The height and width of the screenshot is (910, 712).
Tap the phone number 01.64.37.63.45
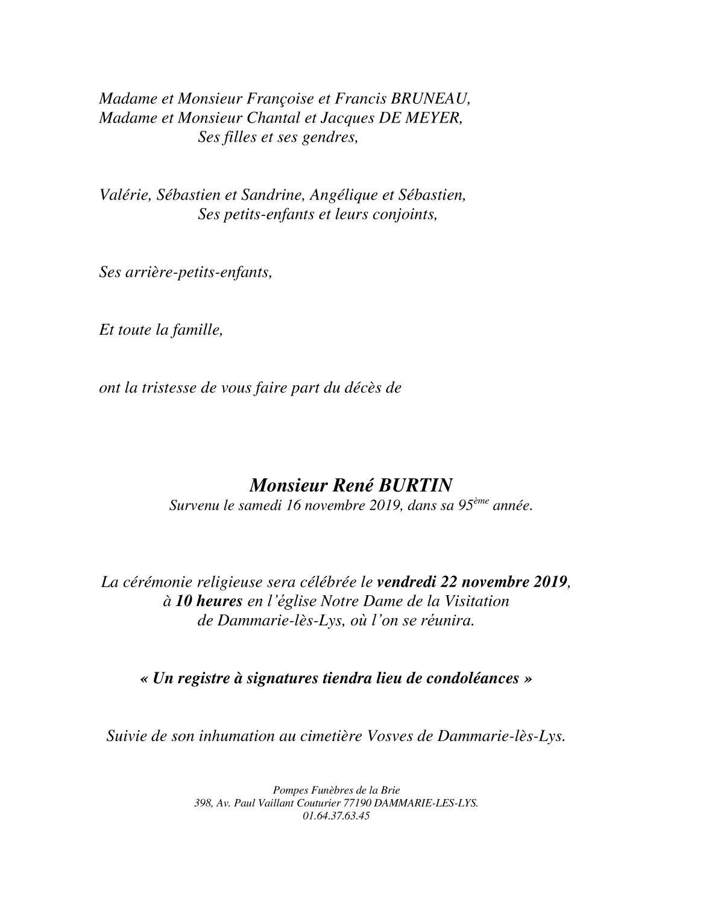tap(336, 816)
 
